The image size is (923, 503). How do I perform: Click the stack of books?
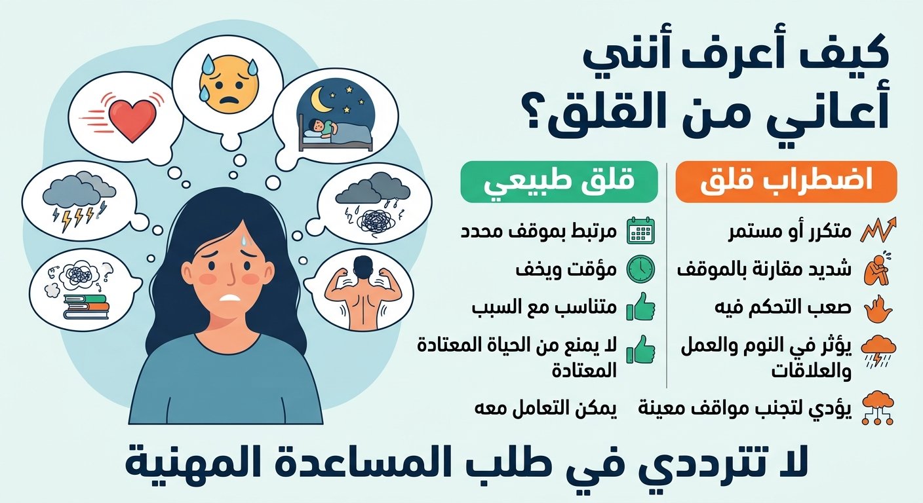86,307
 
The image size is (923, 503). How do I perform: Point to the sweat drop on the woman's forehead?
246,240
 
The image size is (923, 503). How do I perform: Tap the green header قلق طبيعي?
559,182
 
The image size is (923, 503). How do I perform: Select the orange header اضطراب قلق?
786,182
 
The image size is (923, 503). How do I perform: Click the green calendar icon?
640,231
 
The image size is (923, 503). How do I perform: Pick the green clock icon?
640,269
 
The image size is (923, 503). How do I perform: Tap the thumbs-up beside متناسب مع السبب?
640,307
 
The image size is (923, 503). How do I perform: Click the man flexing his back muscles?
363,293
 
